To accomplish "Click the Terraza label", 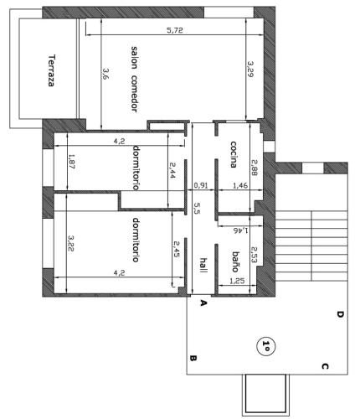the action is pos(51,70).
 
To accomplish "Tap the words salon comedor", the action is pos(135,80).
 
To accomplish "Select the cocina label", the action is pos(234,154).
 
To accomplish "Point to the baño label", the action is pos(235,261).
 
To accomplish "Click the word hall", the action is pos(203,266).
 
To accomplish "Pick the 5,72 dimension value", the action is pos(175,30).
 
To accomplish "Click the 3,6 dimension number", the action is pos(105,74).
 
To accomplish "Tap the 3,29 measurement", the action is pos(250,69).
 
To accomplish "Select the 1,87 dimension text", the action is pos(72,162).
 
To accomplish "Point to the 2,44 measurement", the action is pos(172,171).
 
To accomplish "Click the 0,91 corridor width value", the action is pos(201,185).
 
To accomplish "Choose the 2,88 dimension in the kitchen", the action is pos(255,168).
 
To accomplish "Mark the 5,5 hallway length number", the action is pos(197,208).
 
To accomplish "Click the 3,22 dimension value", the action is pos(71,243).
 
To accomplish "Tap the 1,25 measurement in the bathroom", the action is pos(237,281).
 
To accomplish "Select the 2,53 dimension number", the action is pos(254,255).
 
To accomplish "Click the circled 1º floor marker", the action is pos(265,346).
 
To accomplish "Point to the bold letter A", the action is pos(203,303).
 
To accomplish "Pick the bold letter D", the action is pos(340,314).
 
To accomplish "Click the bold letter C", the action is pos(325,366).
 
